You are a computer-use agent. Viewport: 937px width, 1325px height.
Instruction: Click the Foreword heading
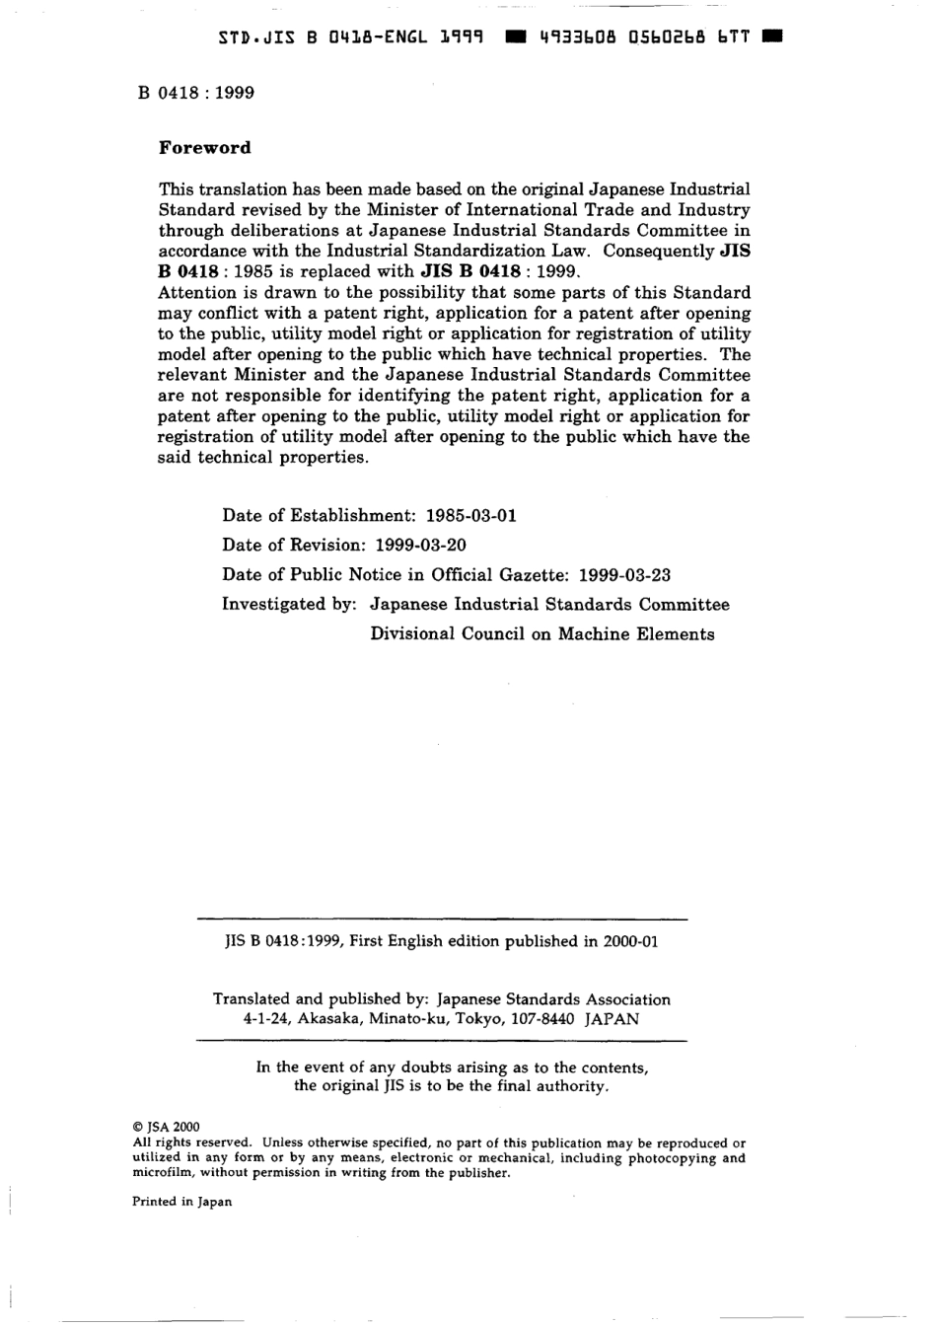(x=205, y=148)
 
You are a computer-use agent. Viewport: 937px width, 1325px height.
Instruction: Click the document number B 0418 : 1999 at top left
(x=196, y=93)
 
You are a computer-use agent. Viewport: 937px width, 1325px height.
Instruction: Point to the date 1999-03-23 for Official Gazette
(x=624, y=574)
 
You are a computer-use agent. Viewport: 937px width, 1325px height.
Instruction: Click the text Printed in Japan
(x=182, y=1202)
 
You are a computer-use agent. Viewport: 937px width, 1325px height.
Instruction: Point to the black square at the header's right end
(x=772, y=37)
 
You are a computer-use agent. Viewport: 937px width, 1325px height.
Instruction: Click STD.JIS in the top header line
(x=253, y=37)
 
